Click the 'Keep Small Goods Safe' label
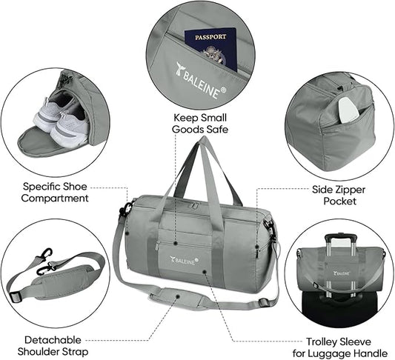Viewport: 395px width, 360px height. [x=199, y=124]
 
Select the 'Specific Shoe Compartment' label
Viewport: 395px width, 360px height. [x=56, y=193]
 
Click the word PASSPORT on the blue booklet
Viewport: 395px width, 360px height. [x=209, y=37]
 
